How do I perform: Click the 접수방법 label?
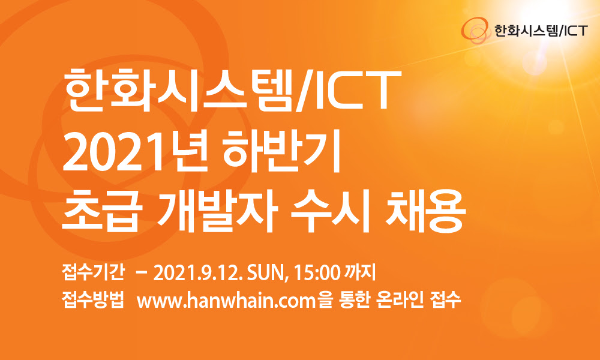tap(93, 301)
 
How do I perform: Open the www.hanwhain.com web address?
tap(226, 302)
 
